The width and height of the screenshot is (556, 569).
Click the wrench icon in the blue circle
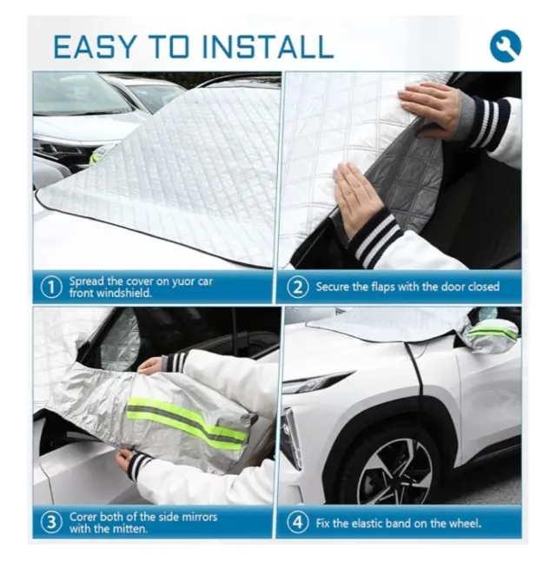pyautogui.click(x=506, y=46)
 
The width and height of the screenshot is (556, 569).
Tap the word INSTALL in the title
pyautogui.click(x=267, y=47)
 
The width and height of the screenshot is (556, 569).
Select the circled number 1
pyautogui.click(x=50, y=288)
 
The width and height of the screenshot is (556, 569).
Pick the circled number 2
pyautogui.click(x=298, y=288)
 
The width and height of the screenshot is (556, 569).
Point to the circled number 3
pyautogui.click(x=51, y=523)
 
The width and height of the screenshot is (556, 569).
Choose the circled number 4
pyautogui.click(x=298, y=523)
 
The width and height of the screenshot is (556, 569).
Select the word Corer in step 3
pyautogui.click(x=83, y=517)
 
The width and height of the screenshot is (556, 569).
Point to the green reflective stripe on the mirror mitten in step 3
pyautogui.click(x=187, y=421)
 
